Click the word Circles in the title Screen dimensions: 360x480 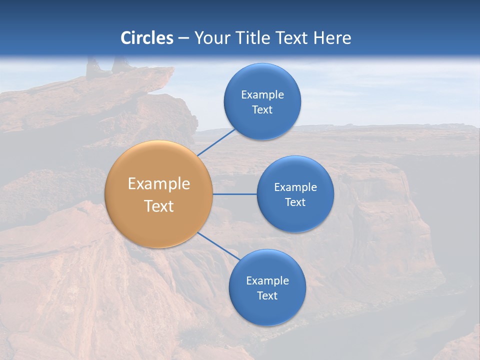[147, 38]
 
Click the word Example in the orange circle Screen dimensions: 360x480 [158, 184]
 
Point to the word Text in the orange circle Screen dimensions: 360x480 [158, 206]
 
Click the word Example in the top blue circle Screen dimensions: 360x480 [262, 95]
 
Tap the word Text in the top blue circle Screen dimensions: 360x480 [262, 110]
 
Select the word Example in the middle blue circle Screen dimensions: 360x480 [295, 187]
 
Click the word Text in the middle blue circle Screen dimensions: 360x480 [295, 202]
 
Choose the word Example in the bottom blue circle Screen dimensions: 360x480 [267, 281]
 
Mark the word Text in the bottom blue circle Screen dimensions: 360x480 [267, 296]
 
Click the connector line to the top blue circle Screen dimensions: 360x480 [216, 142]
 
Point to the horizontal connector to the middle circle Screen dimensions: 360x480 [235, 193]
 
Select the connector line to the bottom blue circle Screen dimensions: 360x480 [219, 246]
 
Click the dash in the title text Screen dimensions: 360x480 [183, 38]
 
